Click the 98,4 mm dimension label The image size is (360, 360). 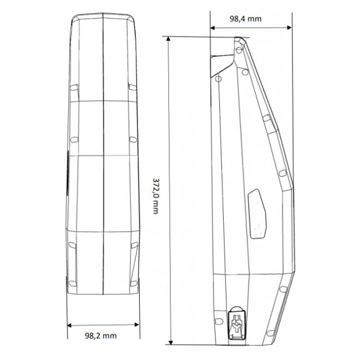click(x=245, y=19)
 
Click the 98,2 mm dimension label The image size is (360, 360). click(x=101, y=335)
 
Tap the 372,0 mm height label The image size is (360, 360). click(x=155, y=196)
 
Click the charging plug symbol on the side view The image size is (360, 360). click(x=237, y=323)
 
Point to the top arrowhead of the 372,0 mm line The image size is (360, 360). click(x=169, y=39)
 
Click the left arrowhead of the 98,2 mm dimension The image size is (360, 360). click(x=70, y=325)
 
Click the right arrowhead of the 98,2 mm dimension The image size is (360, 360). click(x=136, y=325)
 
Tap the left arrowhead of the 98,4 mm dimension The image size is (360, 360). click(x=213, y=28)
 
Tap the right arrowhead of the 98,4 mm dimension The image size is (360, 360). click(x=289, y=28)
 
